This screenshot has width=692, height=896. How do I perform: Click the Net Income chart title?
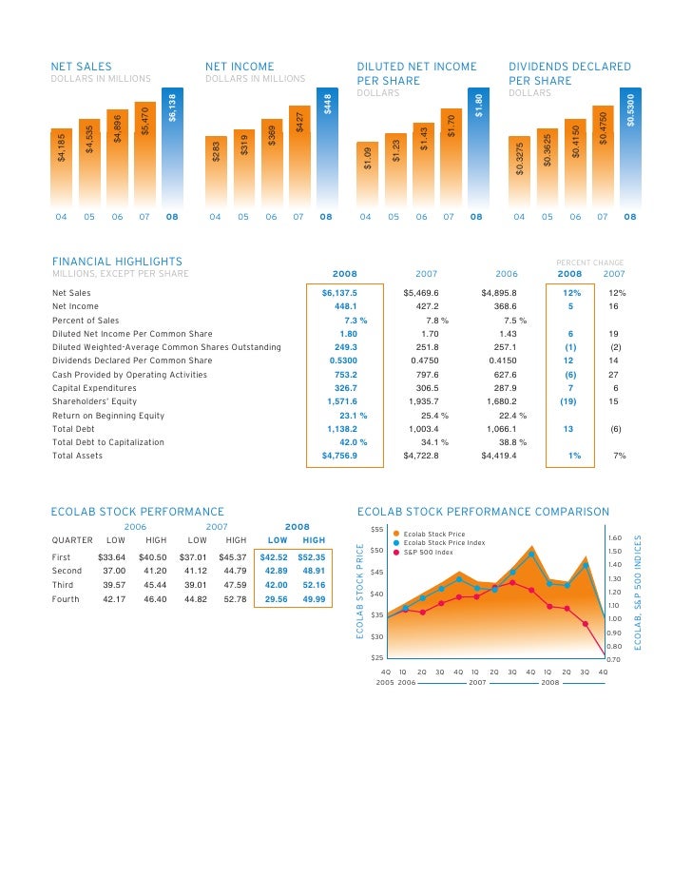pos(240,67)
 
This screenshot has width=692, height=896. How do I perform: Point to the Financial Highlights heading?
pos(117,261)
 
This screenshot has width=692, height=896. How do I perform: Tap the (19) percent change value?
pos(569,401)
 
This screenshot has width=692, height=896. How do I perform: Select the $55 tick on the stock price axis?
pos(376,530)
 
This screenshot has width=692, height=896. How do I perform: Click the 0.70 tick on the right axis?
pos(613,659)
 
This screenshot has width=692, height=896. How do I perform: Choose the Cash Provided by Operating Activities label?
pos(129,375)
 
